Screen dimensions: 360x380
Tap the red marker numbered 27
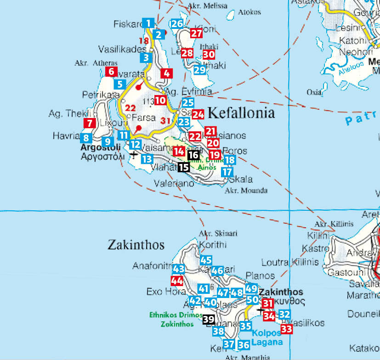[196, 33]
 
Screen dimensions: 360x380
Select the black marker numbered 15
[183, 167]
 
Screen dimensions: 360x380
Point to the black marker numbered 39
[209, 320]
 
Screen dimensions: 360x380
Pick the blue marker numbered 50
[252, 300]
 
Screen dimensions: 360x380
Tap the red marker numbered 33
[287, 328]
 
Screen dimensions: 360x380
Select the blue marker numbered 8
[85, 137]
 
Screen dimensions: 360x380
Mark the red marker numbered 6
[111, 71]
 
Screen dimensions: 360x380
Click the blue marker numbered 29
[199, 70]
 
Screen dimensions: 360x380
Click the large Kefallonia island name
[241, 113]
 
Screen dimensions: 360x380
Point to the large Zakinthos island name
[136, 245]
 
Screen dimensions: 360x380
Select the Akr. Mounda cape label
[246, 191]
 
